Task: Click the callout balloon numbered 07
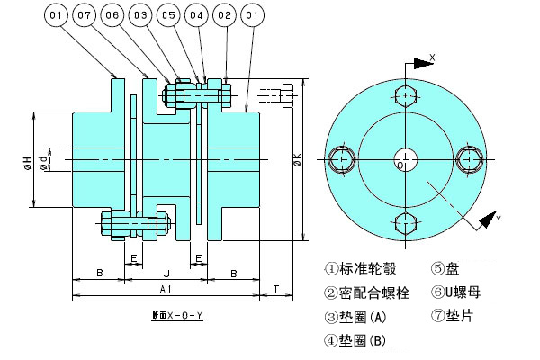point(85,16)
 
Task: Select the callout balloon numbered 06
point(112,16)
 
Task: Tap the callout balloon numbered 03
point(140,16)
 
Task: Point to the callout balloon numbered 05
point(168,16)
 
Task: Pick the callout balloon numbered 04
point(196,16)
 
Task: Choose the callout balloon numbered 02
point(224,16)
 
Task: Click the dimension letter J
point(166,272)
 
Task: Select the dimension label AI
point(166,289)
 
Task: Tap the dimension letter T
point(277,289)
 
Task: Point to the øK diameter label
point(296,162)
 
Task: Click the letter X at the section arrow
point(433,56)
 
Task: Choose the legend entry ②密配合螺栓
point(367,292)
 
